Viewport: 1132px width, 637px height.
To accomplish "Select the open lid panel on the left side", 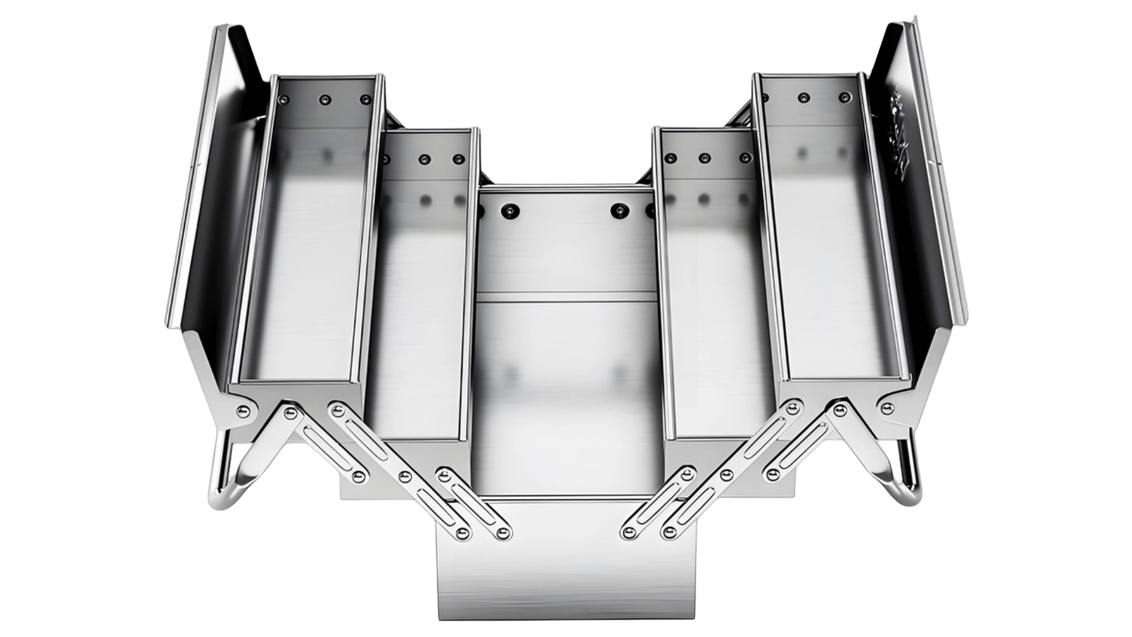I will point(208,177).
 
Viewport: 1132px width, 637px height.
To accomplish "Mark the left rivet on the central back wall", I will point(509,211).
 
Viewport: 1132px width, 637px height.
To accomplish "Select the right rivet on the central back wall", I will point(620,211).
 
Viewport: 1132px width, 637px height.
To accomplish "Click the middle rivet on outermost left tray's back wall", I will point(325,99).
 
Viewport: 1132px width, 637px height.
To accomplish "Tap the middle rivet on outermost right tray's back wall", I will point(804,97).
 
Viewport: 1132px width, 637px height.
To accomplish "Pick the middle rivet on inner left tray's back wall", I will point(424,159).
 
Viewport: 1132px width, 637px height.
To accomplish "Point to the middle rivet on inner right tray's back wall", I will point(705,158).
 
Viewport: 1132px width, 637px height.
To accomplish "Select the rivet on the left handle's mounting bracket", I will point(242,411).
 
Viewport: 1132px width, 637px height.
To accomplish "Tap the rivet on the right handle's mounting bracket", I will point(887,408).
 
